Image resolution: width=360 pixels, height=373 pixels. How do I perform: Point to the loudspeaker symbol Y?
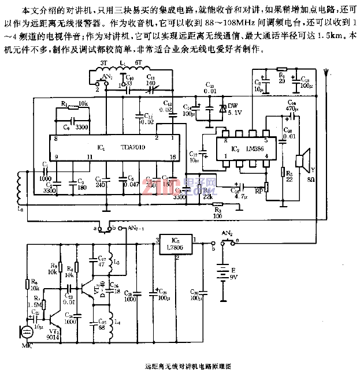pos(301,160)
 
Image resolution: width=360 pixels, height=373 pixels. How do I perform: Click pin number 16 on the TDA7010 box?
pos(172,157)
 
